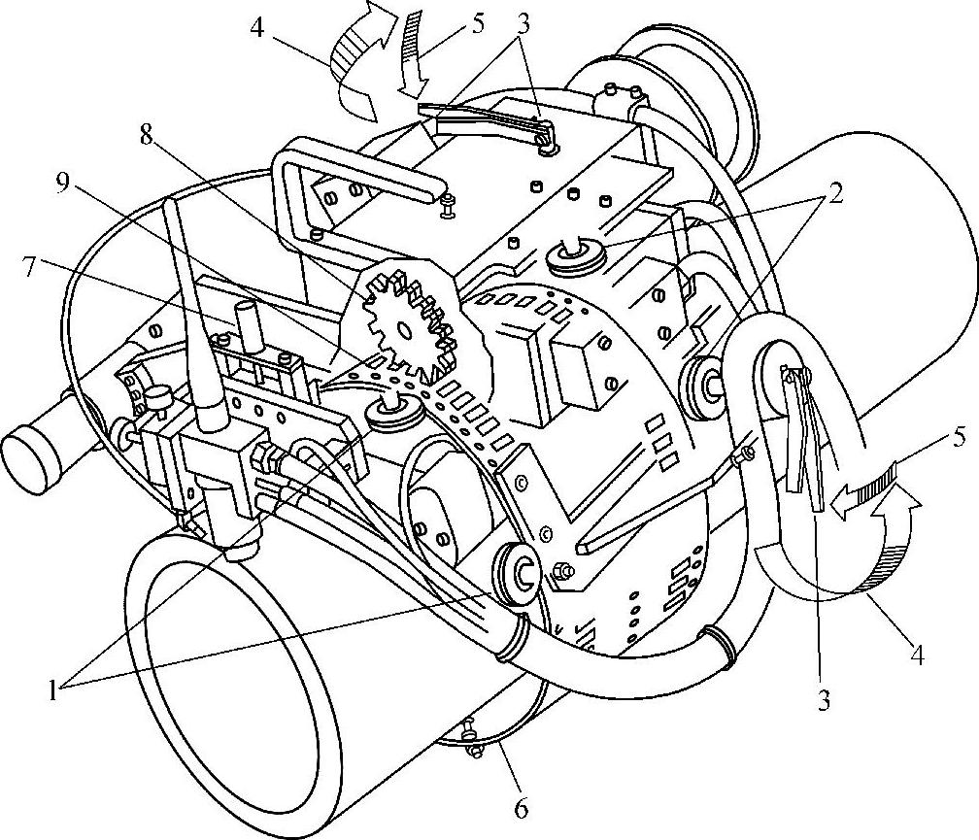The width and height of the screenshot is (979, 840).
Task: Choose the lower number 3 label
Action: pos(824,702)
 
